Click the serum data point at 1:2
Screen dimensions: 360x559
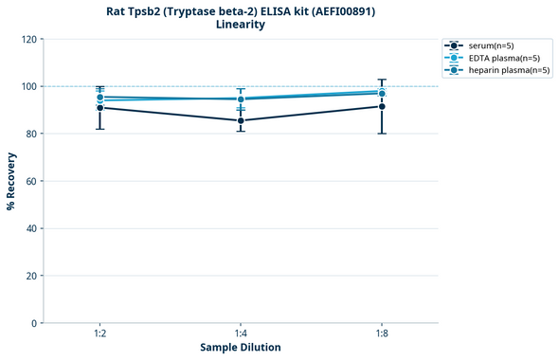pos(99,108)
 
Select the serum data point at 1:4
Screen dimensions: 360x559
pos(241,120)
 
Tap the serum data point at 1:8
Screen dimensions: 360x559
pos(382,106)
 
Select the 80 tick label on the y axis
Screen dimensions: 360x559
pos(32,134)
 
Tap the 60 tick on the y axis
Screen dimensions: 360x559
pos(32,181)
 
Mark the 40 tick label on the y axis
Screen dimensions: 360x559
pos(32,228)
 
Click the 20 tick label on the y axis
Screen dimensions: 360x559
pos(32,276)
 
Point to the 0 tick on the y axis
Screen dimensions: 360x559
pos(35,323)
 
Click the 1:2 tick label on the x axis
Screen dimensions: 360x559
pos(99,333)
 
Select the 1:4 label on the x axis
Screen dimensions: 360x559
pos(241,333)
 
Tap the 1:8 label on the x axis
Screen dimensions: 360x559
pos(382,333)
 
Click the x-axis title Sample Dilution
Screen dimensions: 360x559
pos(241,348)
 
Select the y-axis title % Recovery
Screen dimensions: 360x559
pos(11,180)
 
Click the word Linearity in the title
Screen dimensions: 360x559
pos(241,25)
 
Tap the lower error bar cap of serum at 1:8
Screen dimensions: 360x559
pos(382,134)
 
